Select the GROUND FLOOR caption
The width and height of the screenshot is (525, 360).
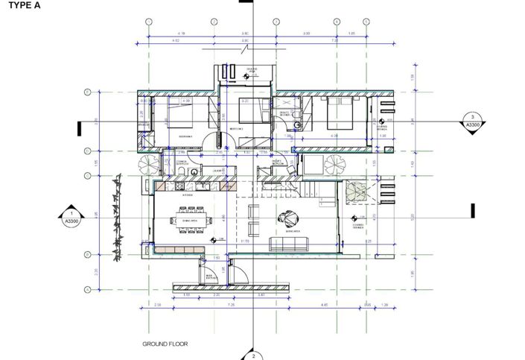tap(165, 344)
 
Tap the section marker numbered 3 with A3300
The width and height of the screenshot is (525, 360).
tap(473, 121)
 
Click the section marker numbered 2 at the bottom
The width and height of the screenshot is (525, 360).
tap(253, 355)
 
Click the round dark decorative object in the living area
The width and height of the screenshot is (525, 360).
tap(287, 219)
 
